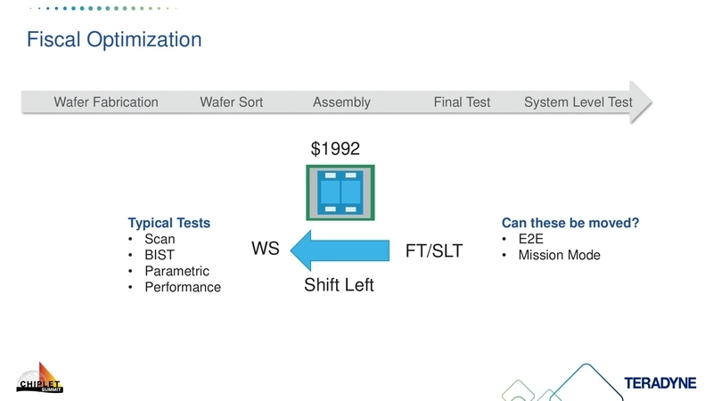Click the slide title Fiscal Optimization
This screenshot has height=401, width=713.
(x=113, y=40)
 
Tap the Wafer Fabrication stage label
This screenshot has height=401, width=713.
(x=106, y=102)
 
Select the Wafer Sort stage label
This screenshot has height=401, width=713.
(x=232, y=102)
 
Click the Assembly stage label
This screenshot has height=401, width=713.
(x=341, y=102)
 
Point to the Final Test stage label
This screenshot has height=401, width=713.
(x=462, y=102)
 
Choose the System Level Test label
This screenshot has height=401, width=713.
(x=578, y=102)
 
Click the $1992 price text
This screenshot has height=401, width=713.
(x=335, y=149)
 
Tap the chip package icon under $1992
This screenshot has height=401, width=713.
(x=340, y=192)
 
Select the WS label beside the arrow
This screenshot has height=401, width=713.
(x=266, y=250)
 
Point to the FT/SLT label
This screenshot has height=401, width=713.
(x=434, y=251)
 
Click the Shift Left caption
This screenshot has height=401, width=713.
(x=339, y=285)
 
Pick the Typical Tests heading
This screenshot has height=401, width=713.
(x=169, y=223)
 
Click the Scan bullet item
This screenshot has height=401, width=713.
(x=160, y=239)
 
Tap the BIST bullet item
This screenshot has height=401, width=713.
(x=160, y=255)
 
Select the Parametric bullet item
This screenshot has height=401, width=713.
(x=176, y=271)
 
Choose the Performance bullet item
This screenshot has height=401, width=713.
(x=182, y=287)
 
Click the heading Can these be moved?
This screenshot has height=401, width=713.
(x=570, y=223)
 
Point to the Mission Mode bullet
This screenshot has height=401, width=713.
(x=559, y=255)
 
